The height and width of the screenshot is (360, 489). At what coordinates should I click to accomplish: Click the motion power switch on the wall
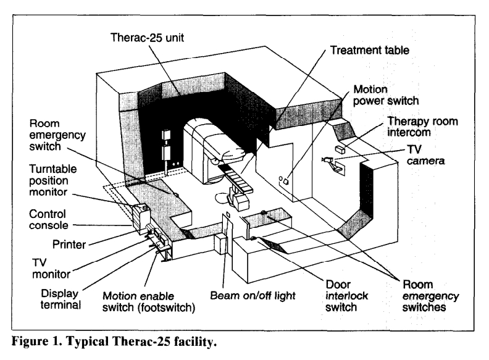tap(285, 180)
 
